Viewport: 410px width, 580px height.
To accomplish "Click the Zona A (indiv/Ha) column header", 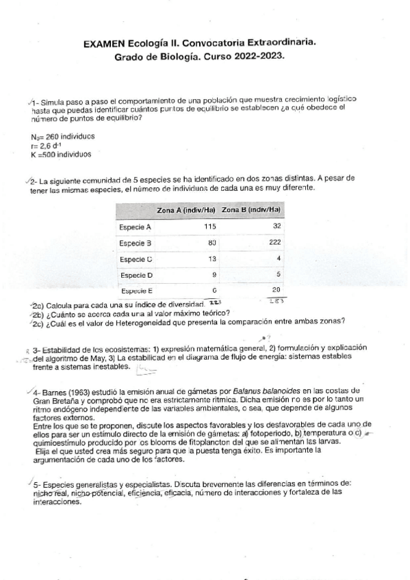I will click(x=186, y=209).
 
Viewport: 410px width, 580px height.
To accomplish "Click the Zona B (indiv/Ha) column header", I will click(x=251, y=209).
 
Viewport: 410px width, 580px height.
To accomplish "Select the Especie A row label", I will click(x=135, y=226).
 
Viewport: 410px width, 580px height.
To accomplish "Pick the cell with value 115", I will click(x=209, y=226).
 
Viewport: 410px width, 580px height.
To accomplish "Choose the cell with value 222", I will click(x=275, y=243).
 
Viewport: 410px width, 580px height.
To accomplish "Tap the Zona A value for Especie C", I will click(x=212, y=259).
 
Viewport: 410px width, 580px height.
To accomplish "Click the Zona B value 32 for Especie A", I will click(x=277, y=226).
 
